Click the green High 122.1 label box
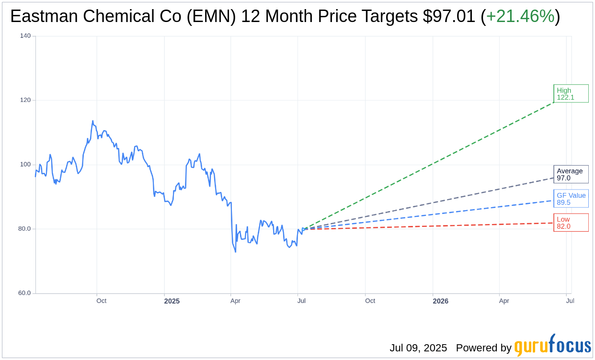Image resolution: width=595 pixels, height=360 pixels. [571, 94]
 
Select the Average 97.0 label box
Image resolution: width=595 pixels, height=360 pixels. [571, 174]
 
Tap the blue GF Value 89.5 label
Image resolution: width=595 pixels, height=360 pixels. [571, 199]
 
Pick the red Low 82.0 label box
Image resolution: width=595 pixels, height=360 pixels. [571, 223]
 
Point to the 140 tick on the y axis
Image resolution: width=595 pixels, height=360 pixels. [25, 36]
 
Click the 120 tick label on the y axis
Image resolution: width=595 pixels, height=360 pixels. [25, 100]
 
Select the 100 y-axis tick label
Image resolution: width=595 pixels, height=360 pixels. [25, 165]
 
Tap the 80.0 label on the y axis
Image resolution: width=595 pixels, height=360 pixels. [24, 229]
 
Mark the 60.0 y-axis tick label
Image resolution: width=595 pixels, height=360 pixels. [24, 293]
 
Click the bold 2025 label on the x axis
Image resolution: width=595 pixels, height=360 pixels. [172, 301]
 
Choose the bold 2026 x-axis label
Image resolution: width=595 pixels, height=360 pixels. [440, 301]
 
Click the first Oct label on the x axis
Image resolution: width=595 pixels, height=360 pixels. [101, 301]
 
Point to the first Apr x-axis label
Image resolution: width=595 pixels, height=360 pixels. [235, 301]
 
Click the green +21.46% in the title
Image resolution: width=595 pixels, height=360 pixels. [520, 17]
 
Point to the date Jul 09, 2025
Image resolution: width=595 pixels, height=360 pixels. [418, 348]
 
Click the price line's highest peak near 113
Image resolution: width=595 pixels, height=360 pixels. [92, 121]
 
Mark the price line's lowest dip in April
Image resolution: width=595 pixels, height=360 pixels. [235, 252]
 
